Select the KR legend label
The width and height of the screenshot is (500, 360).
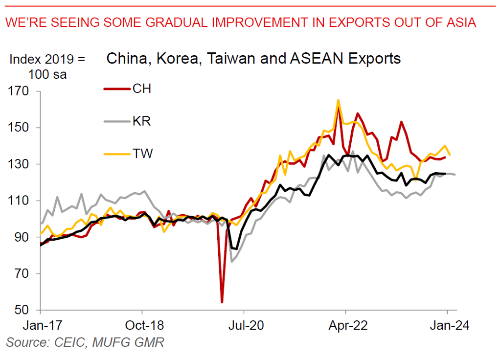tap(141, 121)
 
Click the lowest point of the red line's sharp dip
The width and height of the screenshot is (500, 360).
tap(222, 302)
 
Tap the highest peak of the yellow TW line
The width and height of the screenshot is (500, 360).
tap(338, 100)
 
